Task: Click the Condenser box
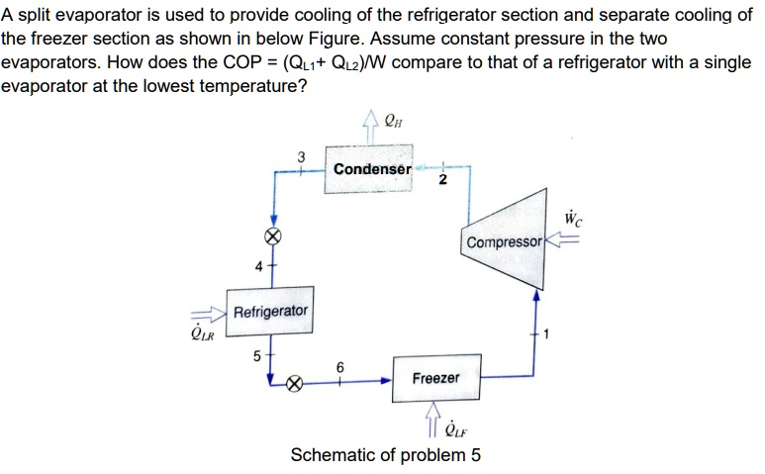[x=372, y=169]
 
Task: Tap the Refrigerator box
[x=270, y=312]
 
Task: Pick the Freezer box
[x=435, y=378]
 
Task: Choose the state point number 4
[x=257, y=267]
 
